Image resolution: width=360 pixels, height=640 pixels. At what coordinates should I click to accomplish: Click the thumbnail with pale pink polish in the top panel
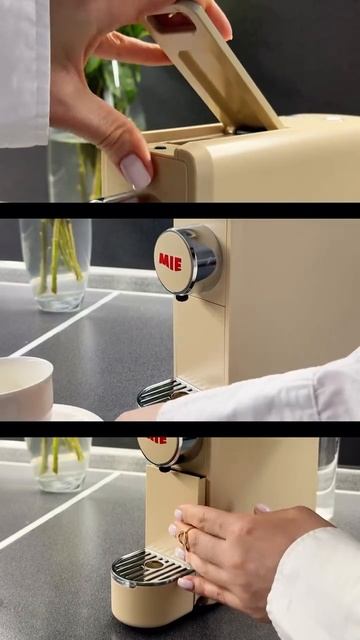[136, 171]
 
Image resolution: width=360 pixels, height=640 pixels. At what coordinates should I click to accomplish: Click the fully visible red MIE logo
[170, 262]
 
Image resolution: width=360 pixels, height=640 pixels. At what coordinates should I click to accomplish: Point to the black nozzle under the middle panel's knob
[182, 297]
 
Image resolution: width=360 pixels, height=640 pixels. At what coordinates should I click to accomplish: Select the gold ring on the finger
[184, 538]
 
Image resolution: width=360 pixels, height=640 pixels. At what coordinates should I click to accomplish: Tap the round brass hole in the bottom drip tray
[154, 564]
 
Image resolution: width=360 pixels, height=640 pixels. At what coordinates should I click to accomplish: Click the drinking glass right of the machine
[327, 478]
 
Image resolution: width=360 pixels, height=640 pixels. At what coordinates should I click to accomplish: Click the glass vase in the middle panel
[56, 264]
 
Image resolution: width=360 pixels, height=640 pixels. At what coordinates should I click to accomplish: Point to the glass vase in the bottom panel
[59, 464]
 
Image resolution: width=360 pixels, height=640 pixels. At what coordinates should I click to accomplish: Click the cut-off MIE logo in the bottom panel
[157, 440]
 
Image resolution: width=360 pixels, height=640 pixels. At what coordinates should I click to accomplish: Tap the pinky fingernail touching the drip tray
[186, 583]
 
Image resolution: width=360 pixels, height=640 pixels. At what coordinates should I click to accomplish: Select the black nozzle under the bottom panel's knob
[165, 469]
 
